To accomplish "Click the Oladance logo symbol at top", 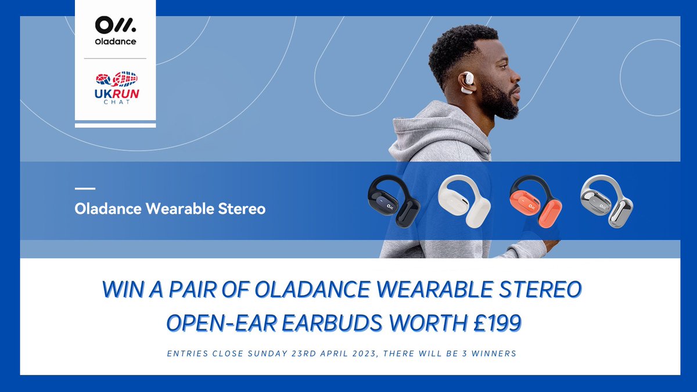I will point(114,27).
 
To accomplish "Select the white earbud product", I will point(464,201).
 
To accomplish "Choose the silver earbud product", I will point(606,200).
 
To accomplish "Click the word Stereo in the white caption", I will point(243,208).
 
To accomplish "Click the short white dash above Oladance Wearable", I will point(85,188).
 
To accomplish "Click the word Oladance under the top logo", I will point(115,42).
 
